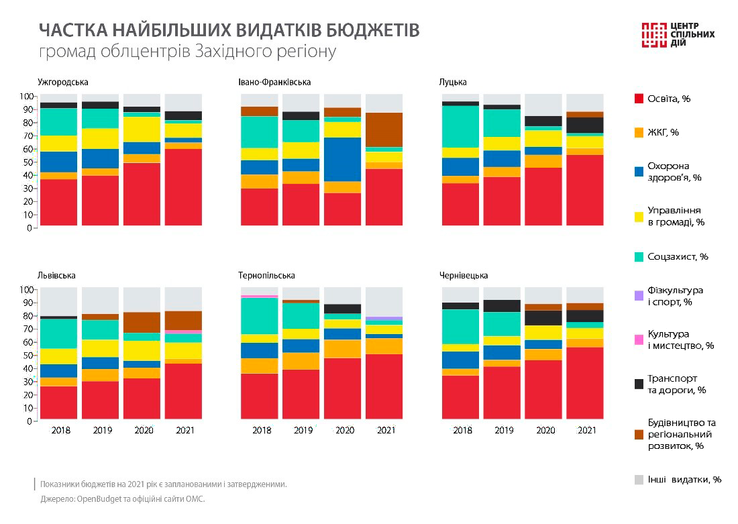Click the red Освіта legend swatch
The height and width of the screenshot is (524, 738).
639,99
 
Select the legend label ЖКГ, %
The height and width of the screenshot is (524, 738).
664,132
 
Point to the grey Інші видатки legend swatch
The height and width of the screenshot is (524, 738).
639,480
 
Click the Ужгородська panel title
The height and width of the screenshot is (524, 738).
63,82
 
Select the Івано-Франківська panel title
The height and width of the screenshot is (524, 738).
274,82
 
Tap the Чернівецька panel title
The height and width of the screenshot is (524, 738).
464,275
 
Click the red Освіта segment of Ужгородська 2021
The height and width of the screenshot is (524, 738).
183,187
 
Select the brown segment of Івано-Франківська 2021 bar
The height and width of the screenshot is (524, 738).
384,129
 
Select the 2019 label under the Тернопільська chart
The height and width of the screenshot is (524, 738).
303,430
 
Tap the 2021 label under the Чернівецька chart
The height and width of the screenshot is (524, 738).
586,430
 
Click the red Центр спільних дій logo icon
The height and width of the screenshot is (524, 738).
653,35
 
